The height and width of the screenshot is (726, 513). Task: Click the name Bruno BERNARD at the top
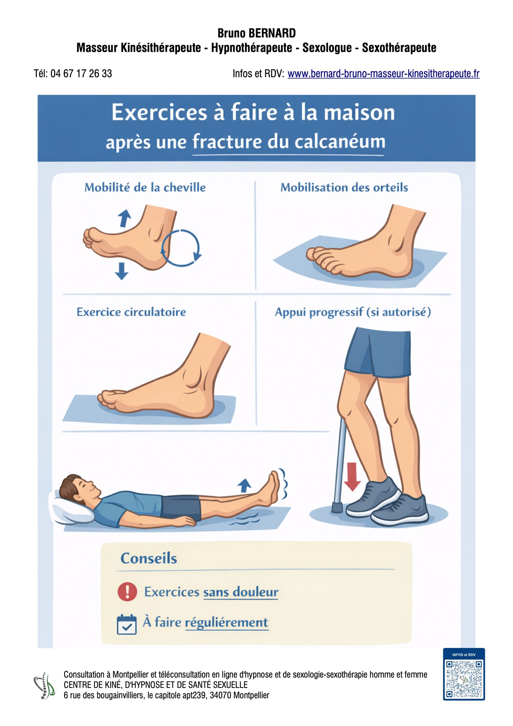256,33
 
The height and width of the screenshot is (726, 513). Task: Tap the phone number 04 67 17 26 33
81,73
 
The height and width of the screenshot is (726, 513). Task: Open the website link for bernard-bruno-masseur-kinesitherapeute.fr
383,74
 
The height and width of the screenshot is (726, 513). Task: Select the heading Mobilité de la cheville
145,187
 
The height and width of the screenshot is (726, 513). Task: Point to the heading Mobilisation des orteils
344,187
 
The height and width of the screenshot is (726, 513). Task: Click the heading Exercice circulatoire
131,312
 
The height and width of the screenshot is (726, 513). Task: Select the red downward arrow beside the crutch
352,477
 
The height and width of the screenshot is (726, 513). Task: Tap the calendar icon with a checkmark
126,625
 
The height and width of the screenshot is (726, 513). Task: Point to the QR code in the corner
464,679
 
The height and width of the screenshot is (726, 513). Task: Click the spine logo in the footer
44,685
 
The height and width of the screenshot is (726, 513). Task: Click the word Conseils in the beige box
149,558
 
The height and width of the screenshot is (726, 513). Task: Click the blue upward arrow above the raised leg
244,485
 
